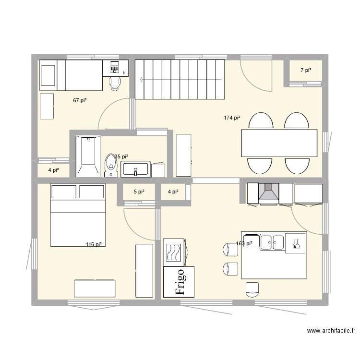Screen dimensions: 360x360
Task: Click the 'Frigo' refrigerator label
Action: click(179, 281)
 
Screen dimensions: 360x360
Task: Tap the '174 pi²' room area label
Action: click(232, 118)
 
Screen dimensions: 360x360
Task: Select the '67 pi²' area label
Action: click(80, 100)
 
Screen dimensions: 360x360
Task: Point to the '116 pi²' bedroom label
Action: click(93, 244)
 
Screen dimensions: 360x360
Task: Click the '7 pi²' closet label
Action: click(306, 71)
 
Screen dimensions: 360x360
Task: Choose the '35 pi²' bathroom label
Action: click(121, 156)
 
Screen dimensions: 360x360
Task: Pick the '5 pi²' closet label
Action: click(139, 192)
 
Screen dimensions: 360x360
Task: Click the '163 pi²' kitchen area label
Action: click(244, 243)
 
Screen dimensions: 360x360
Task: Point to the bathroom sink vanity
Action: click(137, 169)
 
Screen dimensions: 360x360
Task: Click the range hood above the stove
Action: click(269, 192)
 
